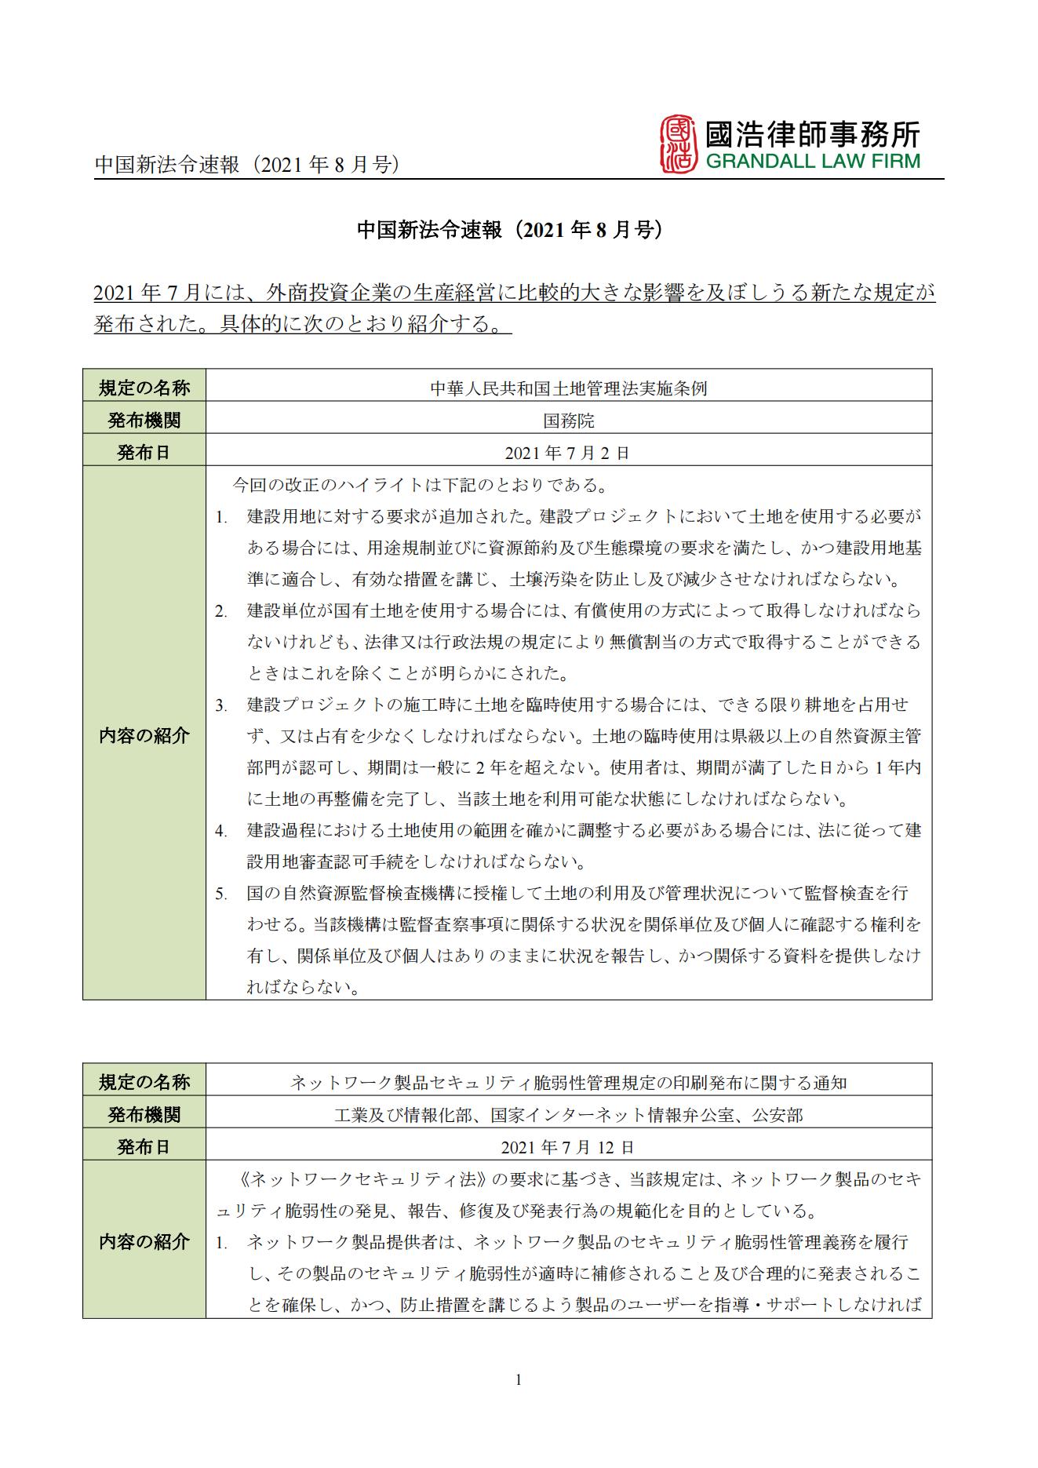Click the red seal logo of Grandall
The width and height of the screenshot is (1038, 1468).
tap(678, 144)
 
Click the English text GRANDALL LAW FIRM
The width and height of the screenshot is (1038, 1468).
tap(812, 162)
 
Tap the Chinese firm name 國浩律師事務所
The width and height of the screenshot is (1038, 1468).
tap(812, 133)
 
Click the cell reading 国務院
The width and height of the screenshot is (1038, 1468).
tap(569, 421)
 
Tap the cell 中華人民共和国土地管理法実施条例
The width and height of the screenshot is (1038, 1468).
tap(569, 388)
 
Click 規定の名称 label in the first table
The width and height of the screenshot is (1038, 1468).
tap(144, 388)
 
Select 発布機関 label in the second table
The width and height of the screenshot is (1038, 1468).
tap(144, 1114)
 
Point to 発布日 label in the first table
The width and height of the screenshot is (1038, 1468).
tap(144, 453)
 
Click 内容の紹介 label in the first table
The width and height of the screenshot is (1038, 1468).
tap(144, 735)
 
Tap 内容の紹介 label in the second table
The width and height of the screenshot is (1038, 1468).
tap(144, 1241)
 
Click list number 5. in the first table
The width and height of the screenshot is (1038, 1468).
tap(221, 894)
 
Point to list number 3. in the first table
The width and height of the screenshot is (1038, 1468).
tap(221, 705)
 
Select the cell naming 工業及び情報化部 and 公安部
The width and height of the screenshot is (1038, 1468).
tap(569, 1115)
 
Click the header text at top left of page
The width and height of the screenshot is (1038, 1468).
tap(247, 165)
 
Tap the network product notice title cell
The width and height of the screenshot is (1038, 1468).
tap(569, 1083)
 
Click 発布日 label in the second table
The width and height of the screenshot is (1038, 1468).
tap(144, 1147)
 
